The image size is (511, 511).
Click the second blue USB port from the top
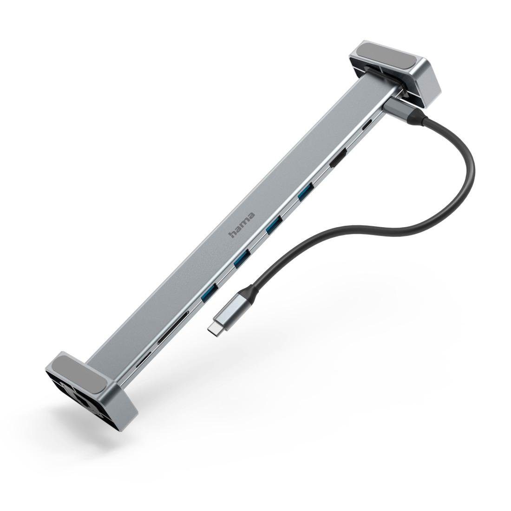pyautogui.click(x=274, y=224)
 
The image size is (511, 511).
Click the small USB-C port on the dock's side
pyautogui.click(x=367, y=125)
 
